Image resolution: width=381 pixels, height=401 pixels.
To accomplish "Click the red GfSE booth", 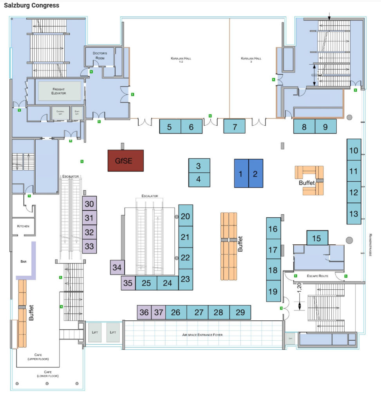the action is point(126,161).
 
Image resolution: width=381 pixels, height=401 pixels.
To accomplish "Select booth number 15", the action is point(317,238).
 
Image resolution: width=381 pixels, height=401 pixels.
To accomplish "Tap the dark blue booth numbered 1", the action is point(241,173).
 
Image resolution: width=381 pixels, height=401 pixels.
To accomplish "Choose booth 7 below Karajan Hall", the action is point(235,126).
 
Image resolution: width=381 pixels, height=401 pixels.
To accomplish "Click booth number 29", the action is point(240,312).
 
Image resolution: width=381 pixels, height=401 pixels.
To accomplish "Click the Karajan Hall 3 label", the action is point(251,60).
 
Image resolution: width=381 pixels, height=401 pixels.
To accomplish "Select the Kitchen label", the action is point(23,226).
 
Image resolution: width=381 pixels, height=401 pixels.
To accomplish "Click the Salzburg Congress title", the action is point(32,5).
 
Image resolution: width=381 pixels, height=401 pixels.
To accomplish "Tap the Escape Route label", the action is point(318,276).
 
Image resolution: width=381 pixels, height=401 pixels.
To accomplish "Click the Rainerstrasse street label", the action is point(370,245).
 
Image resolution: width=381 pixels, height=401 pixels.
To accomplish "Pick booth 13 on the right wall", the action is point(354,214).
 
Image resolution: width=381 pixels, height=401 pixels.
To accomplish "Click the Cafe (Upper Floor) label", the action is point(38,356).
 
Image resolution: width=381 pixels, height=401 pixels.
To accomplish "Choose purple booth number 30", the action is point(89,204).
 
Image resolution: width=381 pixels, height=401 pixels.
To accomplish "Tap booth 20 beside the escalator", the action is point(186,216).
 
